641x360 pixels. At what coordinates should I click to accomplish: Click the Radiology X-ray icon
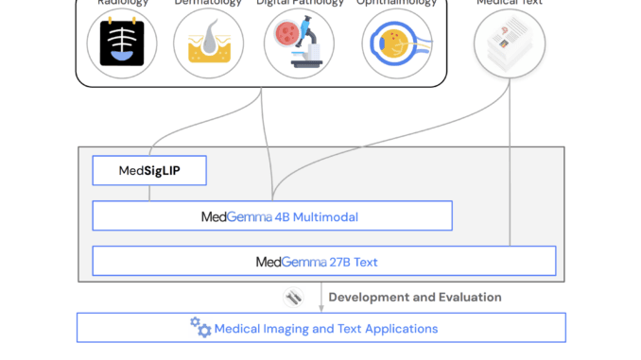122,43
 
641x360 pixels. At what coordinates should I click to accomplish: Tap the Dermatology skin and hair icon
208,43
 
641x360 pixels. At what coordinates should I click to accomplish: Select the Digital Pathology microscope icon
299,43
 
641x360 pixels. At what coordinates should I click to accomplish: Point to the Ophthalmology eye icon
397,43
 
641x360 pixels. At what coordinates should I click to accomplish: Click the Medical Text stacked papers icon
510,43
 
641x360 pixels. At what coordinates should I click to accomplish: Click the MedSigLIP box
148,170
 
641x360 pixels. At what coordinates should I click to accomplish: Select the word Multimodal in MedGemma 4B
326,216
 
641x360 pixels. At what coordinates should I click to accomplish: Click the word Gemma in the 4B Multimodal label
248,216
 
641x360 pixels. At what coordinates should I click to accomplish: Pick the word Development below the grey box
370,297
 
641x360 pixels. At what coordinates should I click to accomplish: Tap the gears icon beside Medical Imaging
200,327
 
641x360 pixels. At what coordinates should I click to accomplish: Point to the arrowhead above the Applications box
320,308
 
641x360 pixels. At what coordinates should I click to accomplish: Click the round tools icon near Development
293,297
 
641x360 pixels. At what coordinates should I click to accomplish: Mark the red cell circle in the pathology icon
286,31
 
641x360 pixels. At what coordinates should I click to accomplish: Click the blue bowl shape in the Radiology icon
122,55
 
